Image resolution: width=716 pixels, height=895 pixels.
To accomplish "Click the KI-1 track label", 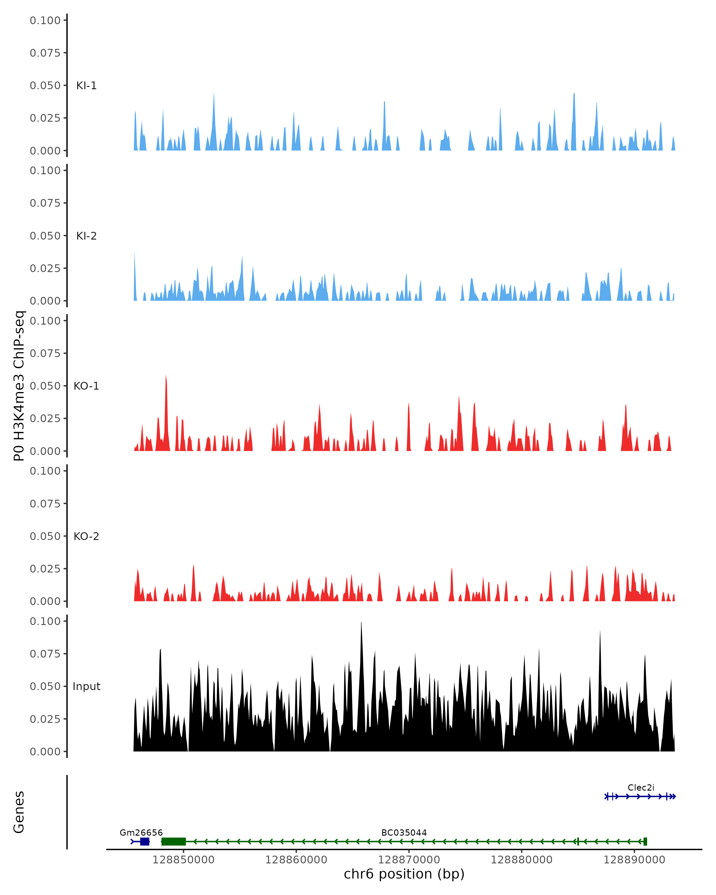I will point(86,86).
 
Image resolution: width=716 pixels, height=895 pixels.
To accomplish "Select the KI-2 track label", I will point(86,236).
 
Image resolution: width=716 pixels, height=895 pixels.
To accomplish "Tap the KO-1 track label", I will point(86,386).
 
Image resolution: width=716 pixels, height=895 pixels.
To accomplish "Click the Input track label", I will point(86,686).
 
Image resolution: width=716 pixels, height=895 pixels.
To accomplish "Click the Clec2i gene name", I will point(641,788).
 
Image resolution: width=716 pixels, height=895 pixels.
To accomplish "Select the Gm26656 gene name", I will point(141,832).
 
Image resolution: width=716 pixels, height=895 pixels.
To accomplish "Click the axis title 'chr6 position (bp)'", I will point(404,874).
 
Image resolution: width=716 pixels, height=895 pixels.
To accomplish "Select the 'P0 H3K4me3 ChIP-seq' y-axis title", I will point(19,386).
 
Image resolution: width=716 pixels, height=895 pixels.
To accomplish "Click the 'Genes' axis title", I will point(19,811).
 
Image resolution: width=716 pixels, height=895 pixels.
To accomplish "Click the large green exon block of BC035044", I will point(174,842).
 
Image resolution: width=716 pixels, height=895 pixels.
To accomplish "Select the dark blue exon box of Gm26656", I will point(144,842).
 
